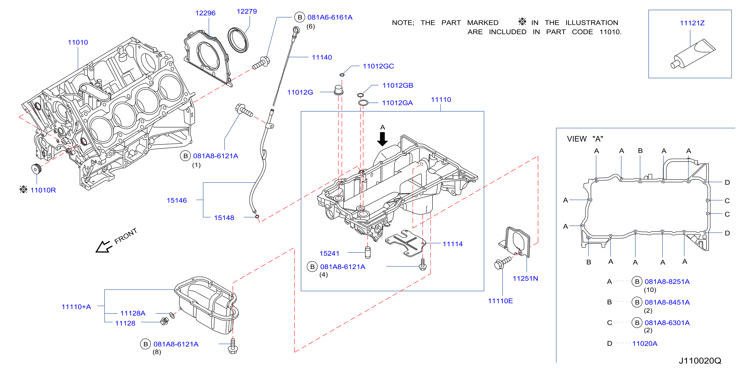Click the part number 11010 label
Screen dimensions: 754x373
pos(78,42)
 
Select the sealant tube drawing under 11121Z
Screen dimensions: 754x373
pos(693,54)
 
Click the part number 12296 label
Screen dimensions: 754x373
pos(205,13)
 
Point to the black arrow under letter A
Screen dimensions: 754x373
pos(382,139)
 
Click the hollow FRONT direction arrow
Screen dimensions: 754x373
pos(103,247)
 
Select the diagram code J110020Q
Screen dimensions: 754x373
pos(700,361)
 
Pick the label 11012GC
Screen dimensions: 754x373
pos(378,66)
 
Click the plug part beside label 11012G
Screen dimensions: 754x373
pos(338,90)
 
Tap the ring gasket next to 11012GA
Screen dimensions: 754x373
pos(363,103)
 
